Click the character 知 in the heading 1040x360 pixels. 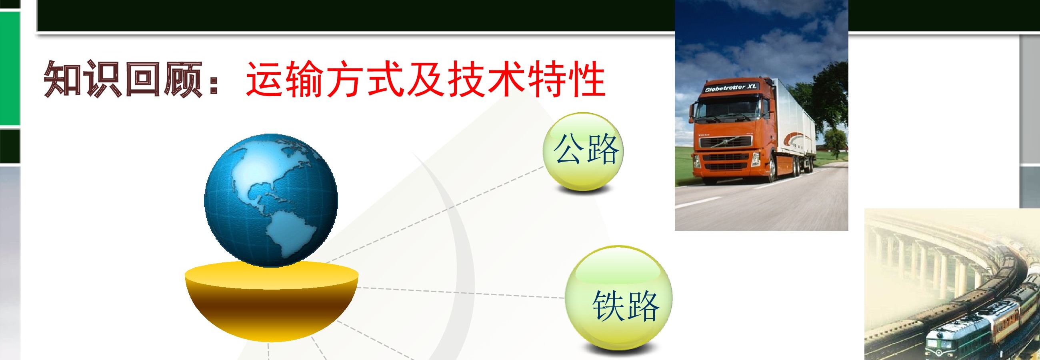[63, 78]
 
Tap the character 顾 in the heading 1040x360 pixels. [182, 79]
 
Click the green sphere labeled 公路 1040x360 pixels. [583, 151]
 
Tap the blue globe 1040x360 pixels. [271, 200]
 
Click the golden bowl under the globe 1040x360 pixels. [271, 301]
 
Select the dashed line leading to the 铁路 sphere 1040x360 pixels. [460, 293]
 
